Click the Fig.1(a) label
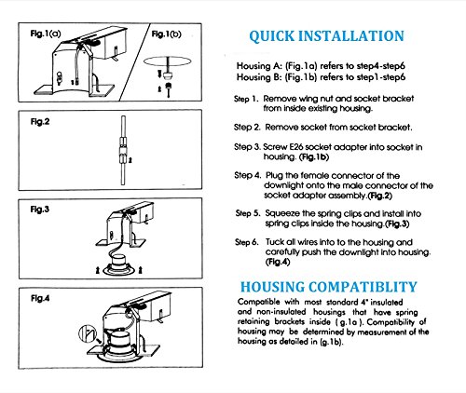tap(46, 34)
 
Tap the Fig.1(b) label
tap(166, 34)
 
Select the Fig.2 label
tap(40, 122)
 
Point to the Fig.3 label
tap(40, 210)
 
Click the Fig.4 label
tap(40, 299)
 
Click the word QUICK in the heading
tap(271, 36)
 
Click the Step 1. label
tap(246, 99)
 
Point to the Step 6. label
tap(247, 242)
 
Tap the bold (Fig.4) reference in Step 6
tap(278, 262)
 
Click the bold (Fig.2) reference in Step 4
tap(379, 196)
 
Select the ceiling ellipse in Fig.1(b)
tap(167, 61)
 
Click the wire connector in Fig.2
tap(123, 151)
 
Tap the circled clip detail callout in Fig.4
tap(88, 333)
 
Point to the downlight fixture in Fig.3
tap(118, 264)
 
